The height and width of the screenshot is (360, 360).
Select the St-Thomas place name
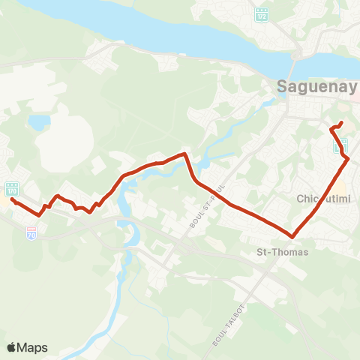pyautogui.click(x=282, y=252)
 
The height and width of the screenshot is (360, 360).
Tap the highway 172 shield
pyautogui.click(x=261, y=14)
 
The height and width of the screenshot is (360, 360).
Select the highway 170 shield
pyautogui.click(x=11, y=188)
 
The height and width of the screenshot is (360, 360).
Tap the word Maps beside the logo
pyautogui.click(x=34, y=347)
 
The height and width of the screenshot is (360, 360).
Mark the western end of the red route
pyautogui.click(x=13, y=199)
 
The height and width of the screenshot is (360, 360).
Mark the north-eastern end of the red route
pyautogui.click(x=341, y=122)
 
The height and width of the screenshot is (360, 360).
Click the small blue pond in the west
pyautogui.click(x=38, y=121)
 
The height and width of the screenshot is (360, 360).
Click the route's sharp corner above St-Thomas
pyautogui.click(x=291, y=236)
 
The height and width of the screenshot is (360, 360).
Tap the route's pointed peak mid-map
pyautogui.click(x=184, y=154)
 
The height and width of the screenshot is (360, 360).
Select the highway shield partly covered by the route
pyautogui.click(x=340, y=144)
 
